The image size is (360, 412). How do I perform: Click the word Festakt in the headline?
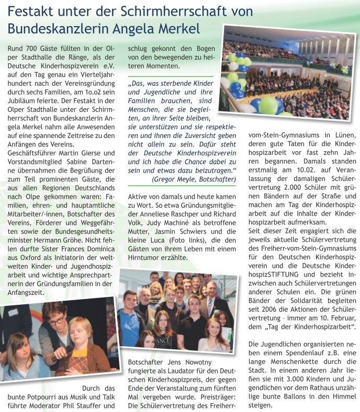32,11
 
